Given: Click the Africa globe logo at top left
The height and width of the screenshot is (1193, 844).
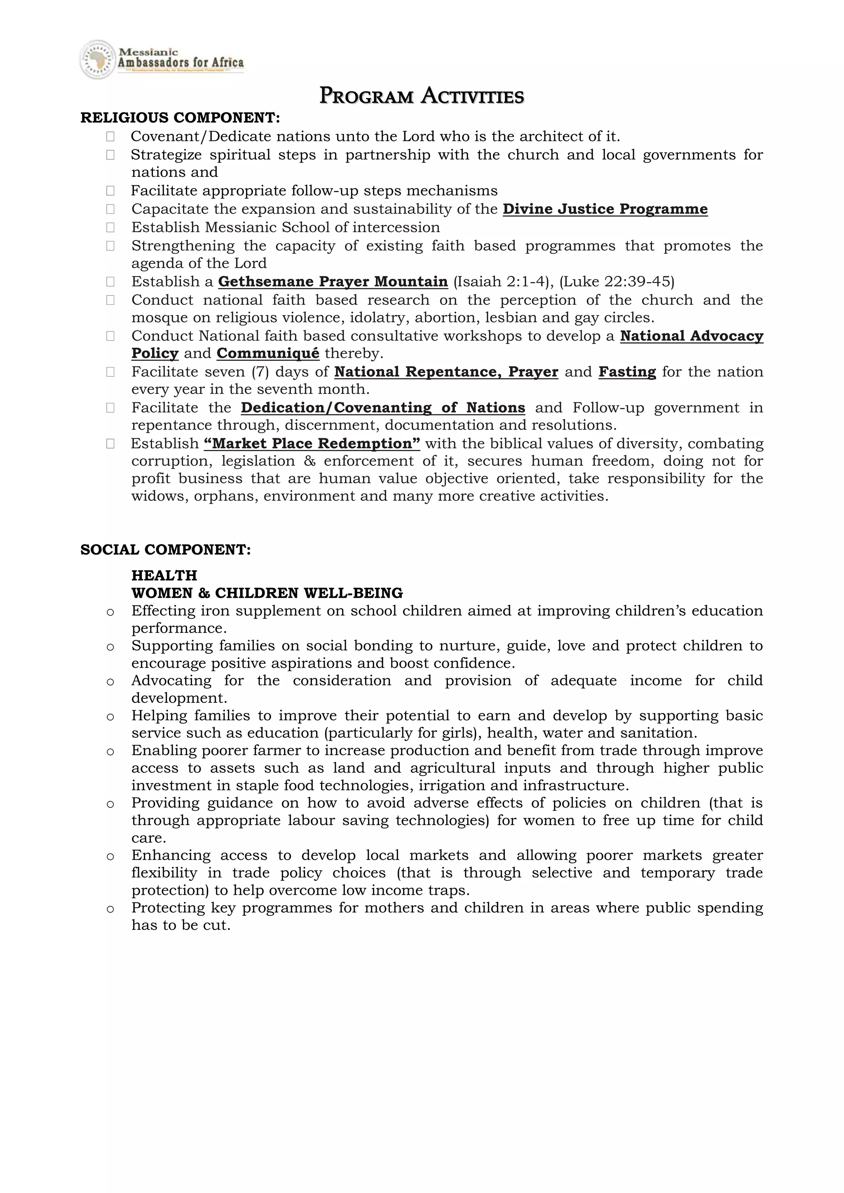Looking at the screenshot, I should click(97, 60).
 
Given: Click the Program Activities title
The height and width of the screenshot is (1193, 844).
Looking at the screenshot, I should click(422, 96).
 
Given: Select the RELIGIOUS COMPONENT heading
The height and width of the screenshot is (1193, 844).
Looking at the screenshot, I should click(180, 118).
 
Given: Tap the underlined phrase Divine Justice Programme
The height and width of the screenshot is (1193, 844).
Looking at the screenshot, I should click(605, 209).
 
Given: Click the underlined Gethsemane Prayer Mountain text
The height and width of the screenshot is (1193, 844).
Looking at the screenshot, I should click(333, 282).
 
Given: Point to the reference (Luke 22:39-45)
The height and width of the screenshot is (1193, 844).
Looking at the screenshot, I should click(617, 282).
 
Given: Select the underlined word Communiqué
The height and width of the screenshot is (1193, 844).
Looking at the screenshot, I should click(267, 353).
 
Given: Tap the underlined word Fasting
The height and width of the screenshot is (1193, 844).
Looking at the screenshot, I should click(627, 372).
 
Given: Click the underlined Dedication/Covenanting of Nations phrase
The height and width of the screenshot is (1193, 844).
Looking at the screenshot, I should click(382, 408).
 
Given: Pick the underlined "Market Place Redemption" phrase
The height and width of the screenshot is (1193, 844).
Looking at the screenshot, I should click(312, 444).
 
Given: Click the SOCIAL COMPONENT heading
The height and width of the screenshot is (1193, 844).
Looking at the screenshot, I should click(165, 550).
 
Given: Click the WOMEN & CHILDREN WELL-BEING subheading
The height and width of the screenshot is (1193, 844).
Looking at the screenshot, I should click(267, 593).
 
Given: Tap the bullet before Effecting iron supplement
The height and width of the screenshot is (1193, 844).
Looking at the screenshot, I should click(110, 613).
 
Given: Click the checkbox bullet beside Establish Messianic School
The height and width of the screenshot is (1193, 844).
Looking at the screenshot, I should click(110, 227).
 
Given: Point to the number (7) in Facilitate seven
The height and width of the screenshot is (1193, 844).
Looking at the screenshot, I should click(260, 372).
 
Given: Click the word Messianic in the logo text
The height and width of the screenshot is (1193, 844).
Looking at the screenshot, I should click(149, 52).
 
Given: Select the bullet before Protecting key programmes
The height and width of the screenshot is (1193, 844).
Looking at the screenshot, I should click(110, 909).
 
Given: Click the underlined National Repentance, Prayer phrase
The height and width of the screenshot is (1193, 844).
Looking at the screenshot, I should click(446, 372).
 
